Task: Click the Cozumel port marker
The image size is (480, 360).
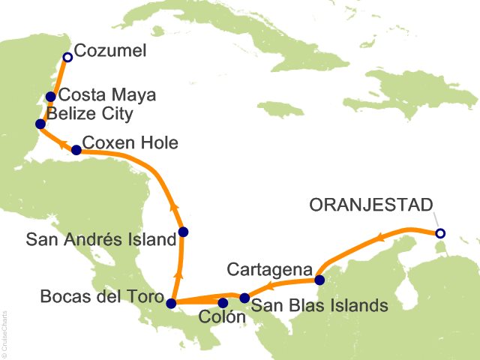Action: [x=67, y=56]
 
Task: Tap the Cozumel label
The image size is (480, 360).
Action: [x=108, y=52]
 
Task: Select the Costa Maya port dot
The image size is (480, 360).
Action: [x=51, y=96]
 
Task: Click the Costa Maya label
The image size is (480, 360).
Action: [x=106, y=95]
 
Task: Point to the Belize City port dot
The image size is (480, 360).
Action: [x=40, y=123]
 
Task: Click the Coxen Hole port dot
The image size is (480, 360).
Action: [x=76, y=149]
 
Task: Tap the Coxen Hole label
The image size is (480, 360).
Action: [x=130, y=142]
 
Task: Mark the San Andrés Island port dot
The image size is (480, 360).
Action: [x=184, y=232]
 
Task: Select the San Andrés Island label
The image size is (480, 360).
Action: [x=100, y=240]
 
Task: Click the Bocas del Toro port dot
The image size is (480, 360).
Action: [x=171, y=304]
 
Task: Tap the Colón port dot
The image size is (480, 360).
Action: [x=223, y=303]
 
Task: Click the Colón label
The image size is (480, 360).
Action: [x=223, y=318]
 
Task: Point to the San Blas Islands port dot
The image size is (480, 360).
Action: [x=244, y=298]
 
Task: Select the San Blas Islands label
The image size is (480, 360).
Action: [x=319, y=305]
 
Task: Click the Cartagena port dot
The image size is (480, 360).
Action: [x=320, y=280]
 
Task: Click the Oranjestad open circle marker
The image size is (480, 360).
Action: [x=440, y=233]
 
